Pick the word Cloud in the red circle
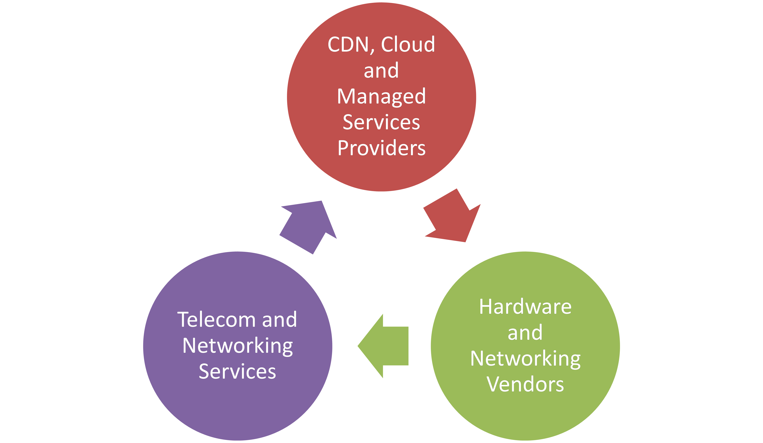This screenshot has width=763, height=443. (x=408, y=45)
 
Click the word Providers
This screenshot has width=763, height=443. (x=382, y=148)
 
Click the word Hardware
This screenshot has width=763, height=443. (x=525, y=307)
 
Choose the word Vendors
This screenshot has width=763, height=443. (x=525, y=384)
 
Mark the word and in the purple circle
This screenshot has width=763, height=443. (x=279, y=320)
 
